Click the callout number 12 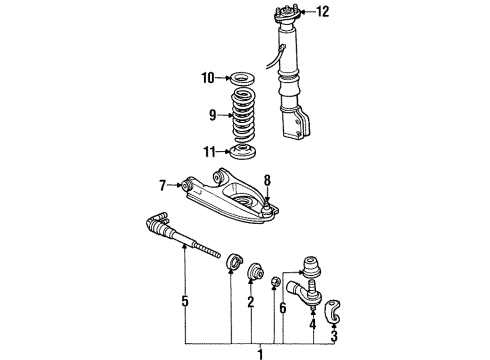pos(322,12)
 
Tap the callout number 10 pos(207,78)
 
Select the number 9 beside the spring pos(213,115)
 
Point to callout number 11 pos(210,152)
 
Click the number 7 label pos(162,185)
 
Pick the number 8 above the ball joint pos(267,181)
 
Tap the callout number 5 pos(185,301)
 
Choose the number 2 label pos(251,302)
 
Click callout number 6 pos(283,308)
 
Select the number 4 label pos(312,324)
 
